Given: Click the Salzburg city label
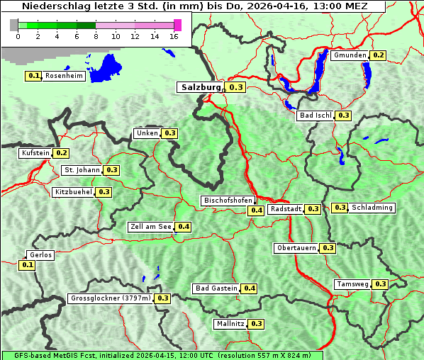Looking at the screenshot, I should tap(201, 87).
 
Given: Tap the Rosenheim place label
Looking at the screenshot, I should tap(64, 76).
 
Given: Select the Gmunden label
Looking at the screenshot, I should tap(350, 55).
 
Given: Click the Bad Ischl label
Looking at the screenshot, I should tap(316, 116).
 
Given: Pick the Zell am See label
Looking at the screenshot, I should tap(150, 227).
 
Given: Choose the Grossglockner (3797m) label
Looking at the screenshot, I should tap(111, 298).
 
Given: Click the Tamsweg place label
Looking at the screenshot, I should tap(352, 284).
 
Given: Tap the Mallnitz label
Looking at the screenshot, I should tap(230, 324).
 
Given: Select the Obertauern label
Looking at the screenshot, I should tap(296, 248).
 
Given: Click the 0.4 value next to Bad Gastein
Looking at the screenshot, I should tap(250, 288).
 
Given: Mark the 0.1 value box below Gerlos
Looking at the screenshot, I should tap(28, 265).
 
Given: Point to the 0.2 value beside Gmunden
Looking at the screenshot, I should tap(378, 55).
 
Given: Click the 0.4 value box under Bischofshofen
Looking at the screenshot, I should tap(256, 210).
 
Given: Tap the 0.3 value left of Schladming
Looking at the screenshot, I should tap(340, 208).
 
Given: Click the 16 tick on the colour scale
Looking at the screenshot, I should tap(174, 36).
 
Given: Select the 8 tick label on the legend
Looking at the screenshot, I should tap(95, 36).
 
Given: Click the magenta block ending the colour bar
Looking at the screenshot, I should tap(177, 26).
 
